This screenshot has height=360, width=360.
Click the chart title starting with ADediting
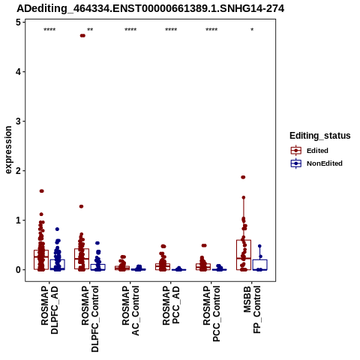tap(151, 8)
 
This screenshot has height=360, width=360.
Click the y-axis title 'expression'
tap(8, 150)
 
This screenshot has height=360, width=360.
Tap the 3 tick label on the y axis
tap(19, 121)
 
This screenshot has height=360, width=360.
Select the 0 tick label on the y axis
tap(19, 270)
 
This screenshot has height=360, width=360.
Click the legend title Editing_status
tap(320, 136)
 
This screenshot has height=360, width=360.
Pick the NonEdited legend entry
tap(316, 163)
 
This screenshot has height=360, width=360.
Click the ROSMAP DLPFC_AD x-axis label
tap(49, 310)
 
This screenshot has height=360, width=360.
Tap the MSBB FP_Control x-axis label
tap(252, 309)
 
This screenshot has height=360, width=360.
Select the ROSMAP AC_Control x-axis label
tap(130, 310)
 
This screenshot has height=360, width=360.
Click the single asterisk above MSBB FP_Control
tap(252, 30)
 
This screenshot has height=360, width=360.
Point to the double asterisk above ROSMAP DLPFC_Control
tap(90, 30)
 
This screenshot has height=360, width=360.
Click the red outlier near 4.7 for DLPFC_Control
tap(82, 35)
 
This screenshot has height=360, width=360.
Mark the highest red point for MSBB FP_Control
tap(243, 177)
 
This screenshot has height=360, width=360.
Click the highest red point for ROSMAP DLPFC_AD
tap(42, 191)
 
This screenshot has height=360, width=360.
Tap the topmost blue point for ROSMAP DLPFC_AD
tap(57, 229)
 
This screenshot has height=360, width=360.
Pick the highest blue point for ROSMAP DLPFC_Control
tap(97, 243)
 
